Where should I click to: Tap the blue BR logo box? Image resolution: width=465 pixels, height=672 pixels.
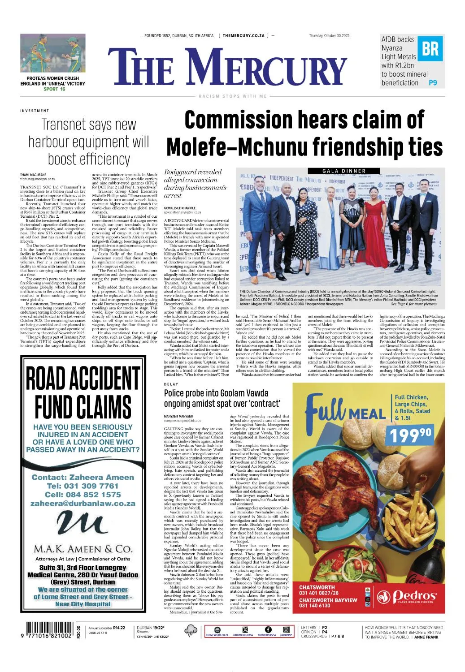coord(430,48)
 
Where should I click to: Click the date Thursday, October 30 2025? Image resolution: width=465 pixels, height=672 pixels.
coord(329,36)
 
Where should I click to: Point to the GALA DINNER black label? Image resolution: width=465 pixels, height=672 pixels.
coord(344,171)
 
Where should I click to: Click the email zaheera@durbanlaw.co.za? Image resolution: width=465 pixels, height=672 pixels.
coord(83,504)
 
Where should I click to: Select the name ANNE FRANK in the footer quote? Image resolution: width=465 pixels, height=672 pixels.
coord(426,637)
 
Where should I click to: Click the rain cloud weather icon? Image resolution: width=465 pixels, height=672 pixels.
coord(191,631)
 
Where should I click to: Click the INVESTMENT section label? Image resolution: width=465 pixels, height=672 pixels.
coord(35,111)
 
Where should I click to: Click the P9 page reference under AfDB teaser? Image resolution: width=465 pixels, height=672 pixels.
coord(432,83)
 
